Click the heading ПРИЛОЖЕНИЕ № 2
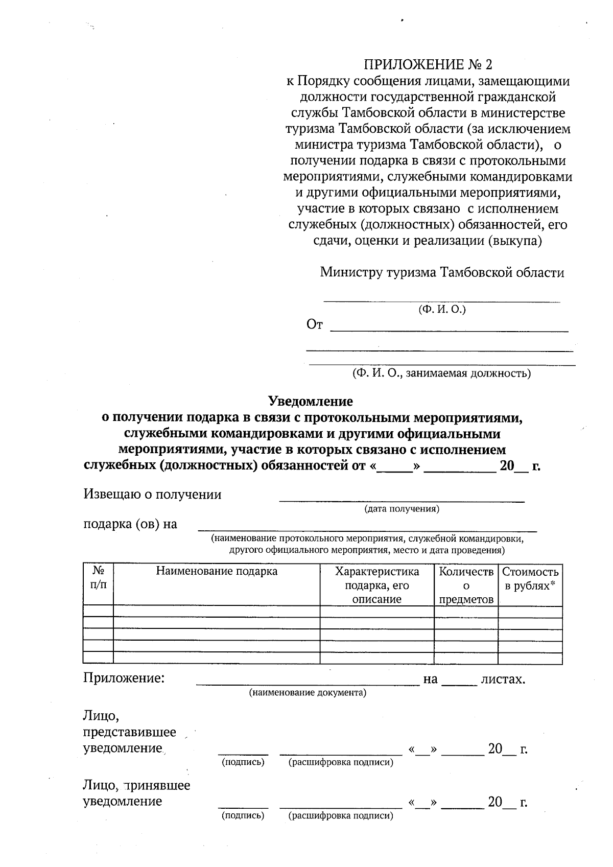coord(428,65)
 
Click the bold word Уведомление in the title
coord(311,402)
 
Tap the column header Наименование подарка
coord(217,571)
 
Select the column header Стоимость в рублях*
coord(530,578)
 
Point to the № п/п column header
coord(98,578)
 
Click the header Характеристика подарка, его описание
coord(376,585)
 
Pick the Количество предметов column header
coord(466,585)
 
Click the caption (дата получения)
coord(402,509)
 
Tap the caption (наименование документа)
coord(308,693)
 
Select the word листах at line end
coord(503,679)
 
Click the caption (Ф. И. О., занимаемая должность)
coord(441,373)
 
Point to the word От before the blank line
coord(314,324)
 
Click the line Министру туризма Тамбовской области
coord(442,272)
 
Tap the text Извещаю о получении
coord(152,495)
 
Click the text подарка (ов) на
coord(130,524)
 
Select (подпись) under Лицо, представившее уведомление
coord(243,762)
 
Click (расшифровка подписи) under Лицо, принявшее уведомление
coord(341,815)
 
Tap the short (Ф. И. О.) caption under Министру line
coord(442,310)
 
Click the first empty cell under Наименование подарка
coord(217,611)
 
